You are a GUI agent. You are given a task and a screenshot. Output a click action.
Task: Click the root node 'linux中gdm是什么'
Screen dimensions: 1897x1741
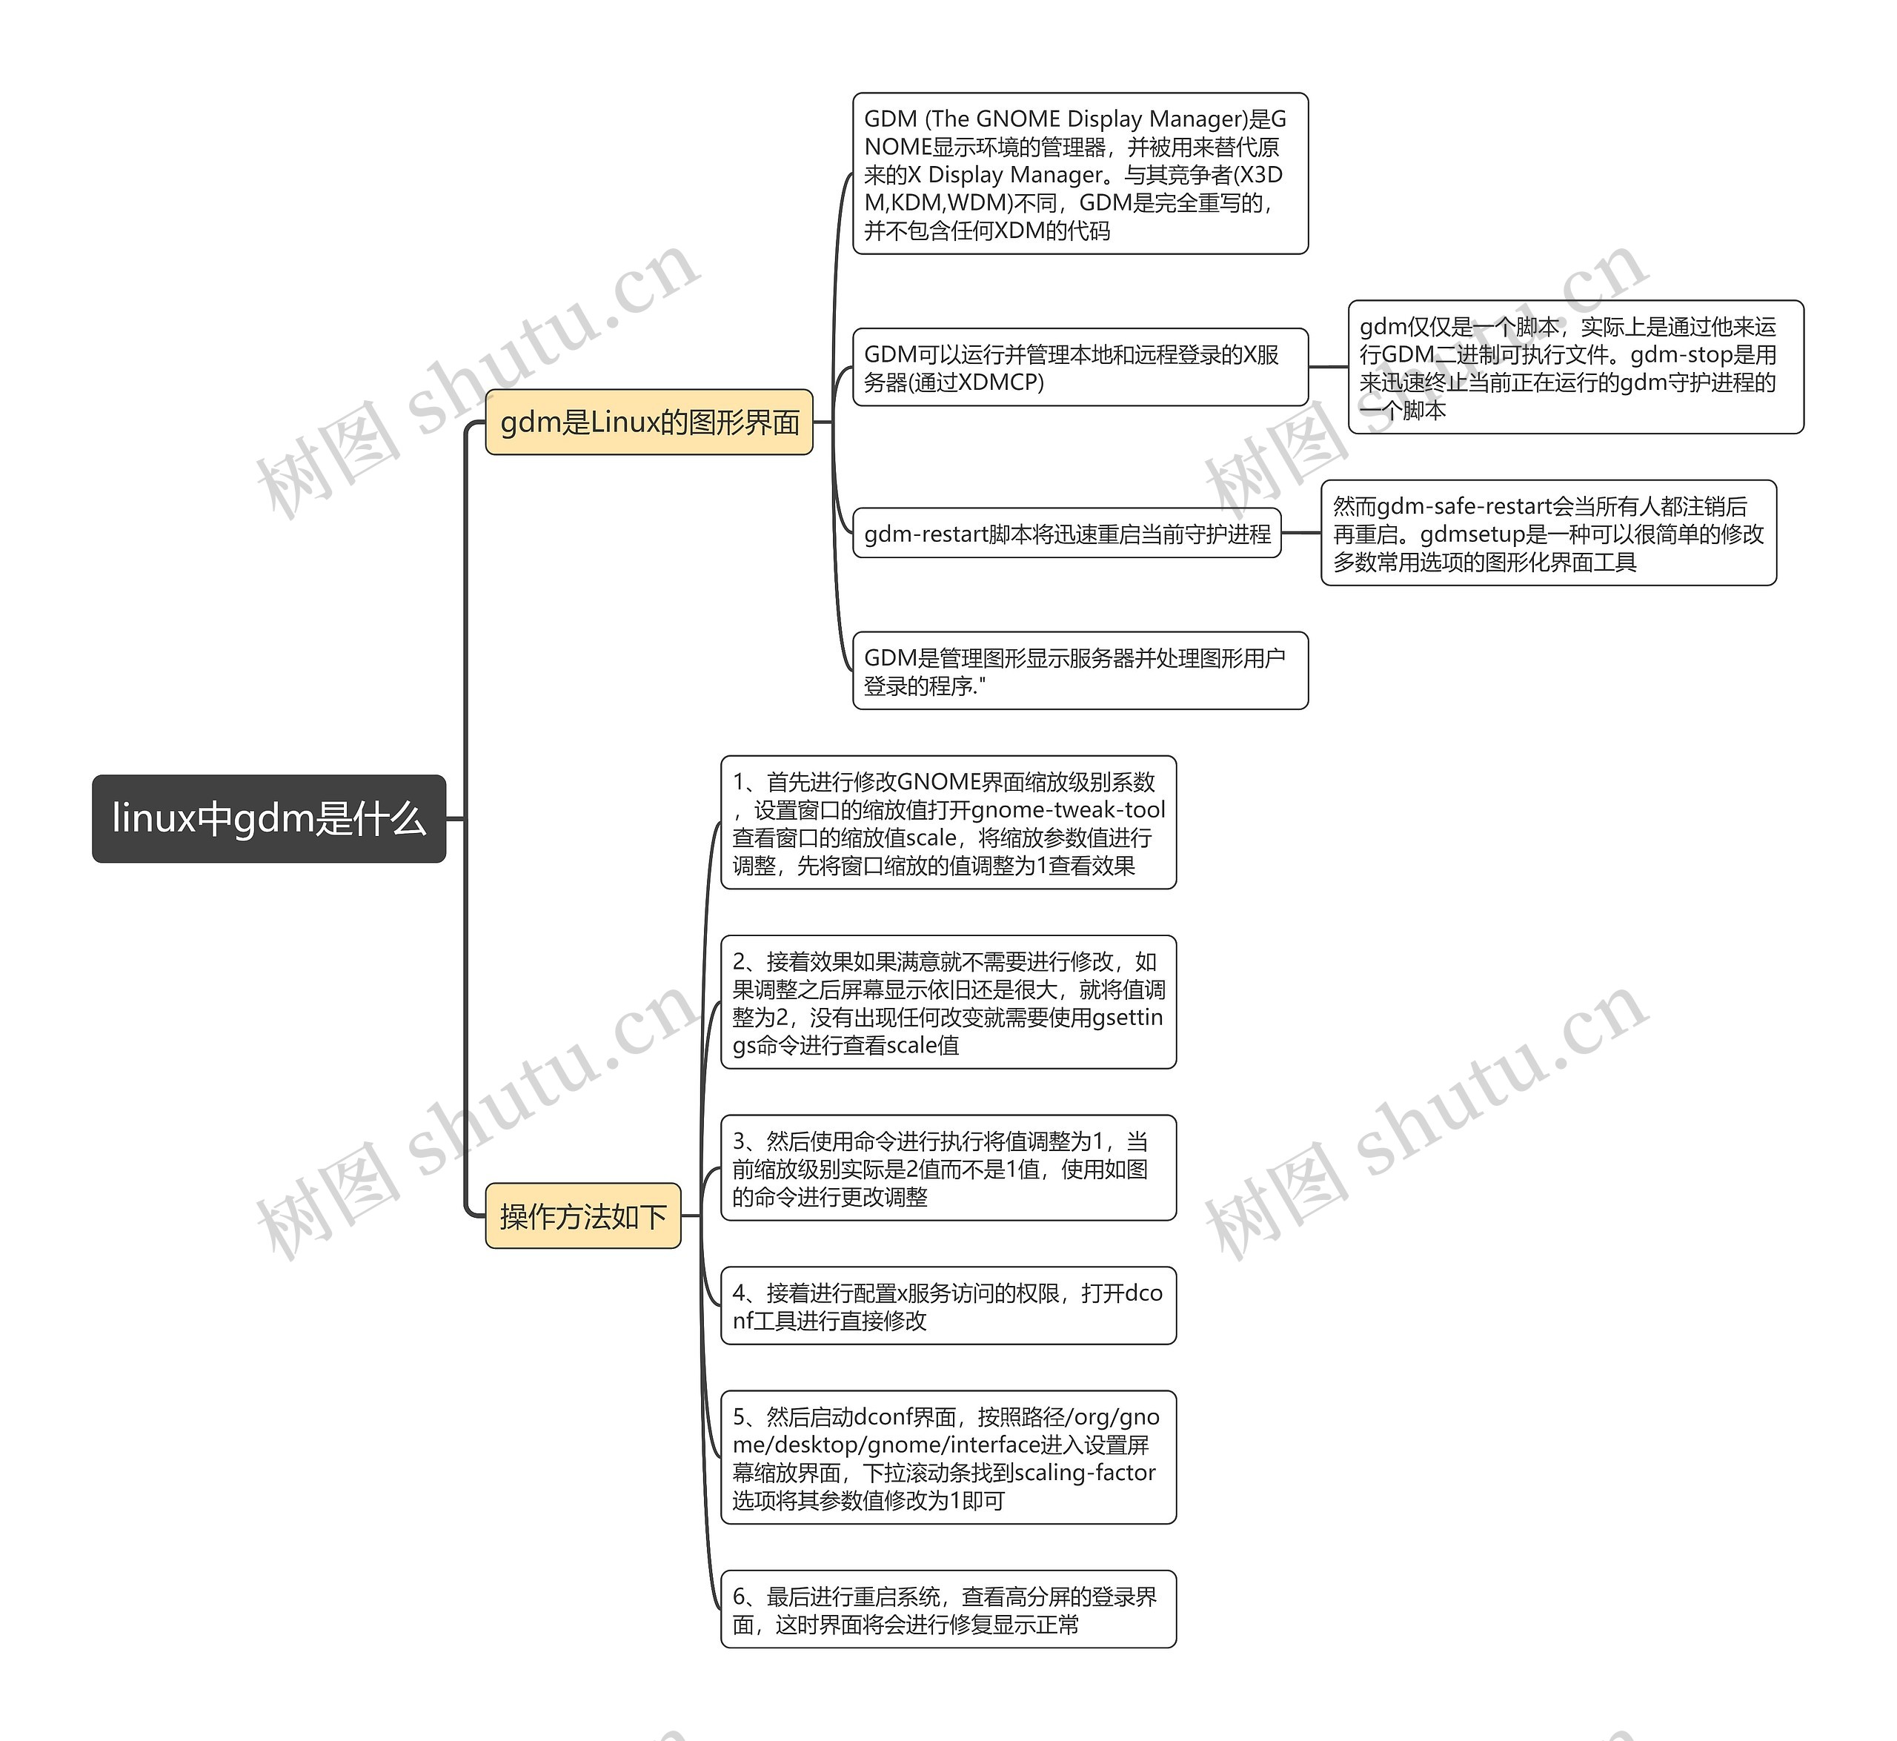[268, 819]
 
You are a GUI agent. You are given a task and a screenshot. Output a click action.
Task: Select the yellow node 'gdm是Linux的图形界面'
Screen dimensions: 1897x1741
[649, 422]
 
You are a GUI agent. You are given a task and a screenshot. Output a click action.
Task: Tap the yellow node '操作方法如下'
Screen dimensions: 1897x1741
[583, 1216]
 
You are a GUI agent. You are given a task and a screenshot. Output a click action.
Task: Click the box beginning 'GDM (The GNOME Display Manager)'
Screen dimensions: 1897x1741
[1080, 173]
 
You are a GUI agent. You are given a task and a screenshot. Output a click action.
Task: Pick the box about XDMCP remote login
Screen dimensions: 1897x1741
[1080, 368]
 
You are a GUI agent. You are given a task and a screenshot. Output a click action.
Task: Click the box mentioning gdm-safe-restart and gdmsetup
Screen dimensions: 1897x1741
[1549, 533]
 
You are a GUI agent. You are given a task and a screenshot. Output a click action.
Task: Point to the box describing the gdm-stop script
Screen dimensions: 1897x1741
[1576, 368]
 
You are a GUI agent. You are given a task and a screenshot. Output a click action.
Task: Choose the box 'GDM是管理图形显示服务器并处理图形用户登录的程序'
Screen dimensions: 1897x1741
[1080, 671]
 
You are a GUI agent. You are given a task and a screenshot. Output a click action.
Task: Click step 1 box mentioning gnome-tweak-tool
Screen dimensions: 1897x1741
[948, 823]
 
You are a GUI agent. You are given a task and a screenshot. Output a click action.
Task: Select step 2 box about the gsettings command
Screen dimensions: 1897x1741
[948, 1002]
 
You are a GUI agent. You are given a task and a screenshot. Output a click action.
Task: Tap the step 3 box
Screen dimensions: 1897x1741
[948, 1168]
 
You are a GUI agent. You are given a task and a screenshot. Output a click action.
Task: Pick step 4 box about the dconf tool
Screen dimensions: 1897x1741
[948, 1306]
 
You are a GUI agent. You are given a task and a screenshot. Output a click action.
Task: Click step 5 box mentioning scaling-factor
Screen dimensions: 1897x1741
[948, 1457]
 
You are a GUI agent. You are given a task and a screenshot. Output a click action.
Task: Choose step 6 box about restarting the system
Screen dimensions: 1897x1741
[948, 1609]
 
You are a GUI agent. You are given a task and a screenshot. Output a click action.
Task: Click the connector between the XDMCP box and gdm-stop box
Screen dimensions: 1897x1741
[1328, 368]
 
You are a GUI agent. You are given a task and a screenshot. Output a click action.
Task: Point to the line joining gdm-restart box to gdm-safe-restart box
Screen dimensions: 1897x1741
[1300, 533]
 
